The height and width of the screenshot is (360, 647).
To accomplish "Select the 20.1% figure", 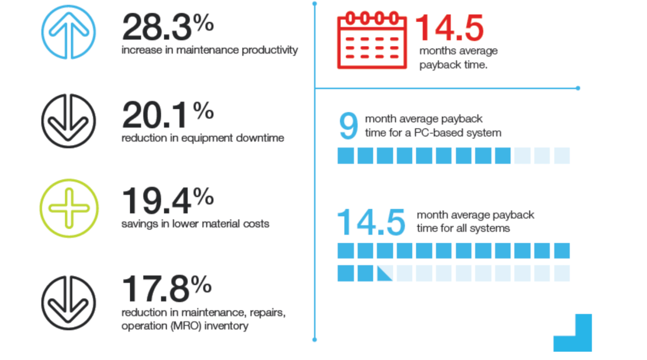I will [167, 115].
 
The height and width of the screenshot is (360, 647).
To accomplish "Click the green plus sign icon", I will [69, 207].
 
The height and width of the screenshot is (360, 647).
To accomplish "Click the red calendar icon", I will [371, 41].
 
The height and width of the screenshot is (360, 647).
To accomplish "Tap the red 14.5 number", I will [449, 27].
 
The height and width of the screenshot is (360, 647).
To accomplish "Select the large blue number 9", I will [348, 126].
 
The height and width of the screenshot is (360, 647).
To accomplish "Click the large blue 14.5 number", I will [372, 221].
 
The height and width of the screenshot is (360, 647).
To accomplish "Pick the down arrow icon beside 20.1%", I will [69, 120].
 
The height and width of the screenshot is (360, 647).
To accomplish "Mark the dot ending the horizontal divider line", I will [577, 88].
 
